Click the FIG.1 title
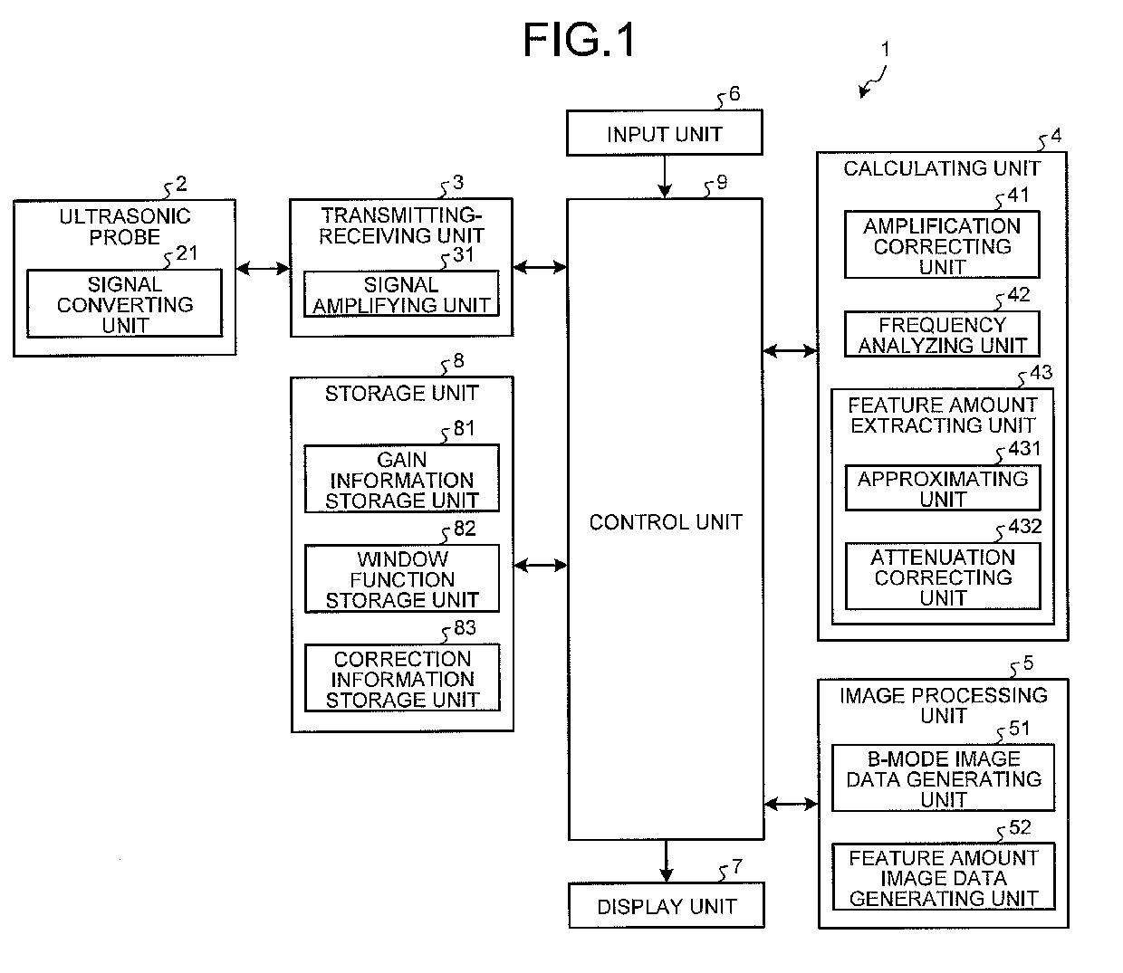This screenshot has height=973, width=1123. (580, 41)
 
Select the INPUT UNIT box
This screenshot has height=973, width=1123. (664, 134)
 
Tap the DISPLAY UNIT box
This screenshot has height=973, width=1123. (666, 906)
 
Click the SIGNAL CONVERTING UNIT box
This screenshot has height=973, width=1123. (125, 304)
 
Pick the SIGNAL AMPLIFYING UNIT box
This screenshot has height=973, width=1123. (401, 294)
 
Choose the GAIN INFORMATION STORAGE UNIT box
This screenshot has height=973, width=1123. (401, 480)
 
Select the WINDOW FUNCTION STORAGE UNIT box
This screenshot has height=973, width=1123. (401, 579)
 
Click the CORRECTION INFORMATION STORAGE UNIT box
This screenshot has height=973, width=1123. (401, 679)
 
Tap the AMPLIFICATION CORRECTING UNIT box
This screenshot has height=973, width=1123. (942, 245)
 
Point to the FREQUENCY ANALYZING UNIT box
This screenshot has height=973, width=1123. (942, 334)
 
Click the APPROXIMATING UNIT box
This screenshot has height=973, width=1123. (942, 489)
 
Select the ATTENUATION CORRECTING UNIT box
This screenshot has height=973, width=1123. (942, 577)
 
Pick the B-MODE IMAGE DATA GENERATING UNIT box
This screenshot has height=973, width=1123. (943, 778)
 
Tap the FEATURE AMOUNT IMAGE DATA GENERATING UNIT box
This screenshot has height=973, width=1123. (943, 877)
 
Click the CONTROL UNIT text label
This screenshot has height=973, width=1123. (666, 522)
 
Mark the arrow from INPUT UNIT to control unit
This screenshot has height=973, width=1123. (665, 176)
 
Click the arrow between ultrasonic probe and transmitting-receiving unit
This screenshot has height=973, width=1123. (263, 268)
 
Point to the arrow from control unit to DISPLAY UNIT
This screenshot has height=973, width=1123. (667, 861)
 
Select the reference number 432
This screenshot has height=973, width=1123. (1024, 527)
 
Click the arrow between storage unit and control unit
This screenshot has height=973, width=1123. (540, 566)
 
